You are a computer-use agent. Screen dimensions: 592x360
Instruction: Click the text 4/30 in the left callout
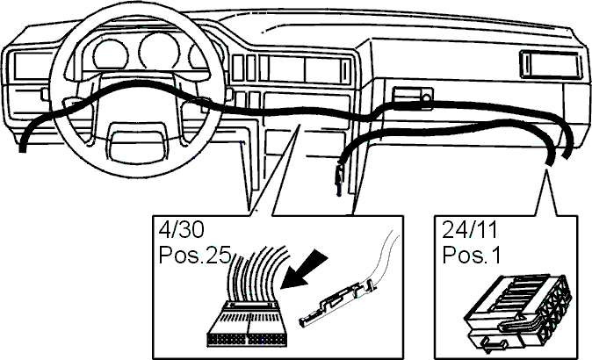tap(182, 230)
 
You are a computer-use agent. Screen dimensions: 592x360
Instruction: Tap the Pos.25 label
tap(195, 256)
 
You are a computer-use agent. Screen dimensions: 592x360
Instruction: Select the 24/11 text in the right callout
tap(470, 230)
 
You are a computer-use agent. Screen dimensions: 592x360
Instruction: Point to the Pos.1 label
tap(472, 256)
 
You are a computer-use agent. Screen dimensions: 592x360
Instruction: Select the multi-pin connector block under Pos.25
tap(248, 324)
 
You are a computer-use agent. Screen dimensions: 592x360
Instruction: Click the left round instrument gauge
tap(110, 55)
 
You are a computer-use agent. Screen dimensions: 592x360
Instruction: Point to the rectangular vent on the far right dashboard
tap(551, 64)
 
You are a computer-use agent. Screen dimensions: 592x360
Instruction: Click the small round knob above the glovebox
tap(427, 98)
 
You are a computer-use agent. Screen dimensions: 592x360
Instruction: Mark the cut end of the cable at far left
tap(23, 148)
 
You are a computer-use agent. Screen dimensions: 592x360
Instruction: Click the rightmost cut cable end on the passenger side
tap(567, 155)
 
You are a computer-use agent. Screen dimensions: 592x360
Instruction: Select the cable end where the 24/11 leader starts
tap(548, 162)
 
